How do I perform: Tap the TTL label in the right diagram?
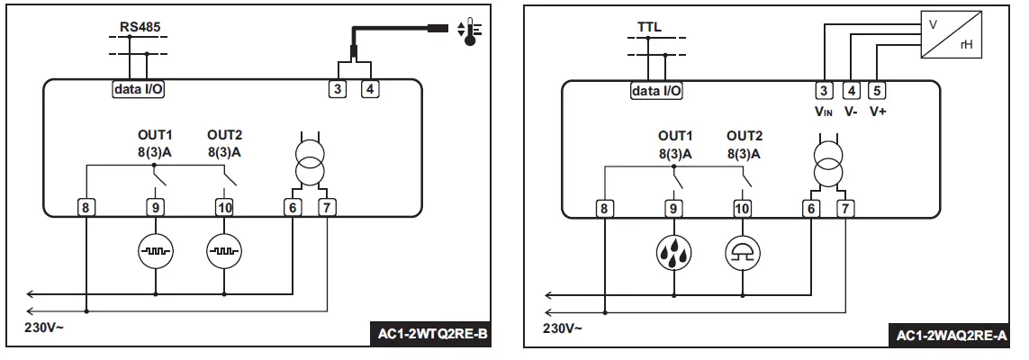[x=649, y=26]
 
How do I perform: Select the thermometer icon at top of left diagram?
[x=469, y=29]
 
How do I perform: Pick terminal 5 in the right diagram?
[x=878, y=90]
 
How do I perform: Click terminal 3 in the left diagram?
[x=337, y=89]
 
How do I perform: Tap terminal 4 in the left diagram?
[x=369, y=89]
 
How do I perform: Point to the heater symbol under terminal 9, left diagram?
[x=156, y=252]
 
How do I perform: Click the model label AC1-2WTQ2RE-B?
[x=430, y=336]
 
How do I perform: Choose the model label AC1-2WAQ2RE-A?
[x=951, y=336]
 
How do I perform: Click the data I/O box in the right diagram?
[x=656, y=90]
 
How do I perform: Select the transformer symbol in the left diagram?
[x=309, y=160]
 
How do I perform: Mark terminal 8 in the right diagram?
[x=604, y=208]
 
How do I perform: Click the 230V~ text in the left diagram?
[x=45, y=328]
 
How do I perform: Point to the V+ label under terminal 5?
[x=879, y=112]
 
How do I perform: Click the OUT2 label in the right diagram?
[x=744, y=136]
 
